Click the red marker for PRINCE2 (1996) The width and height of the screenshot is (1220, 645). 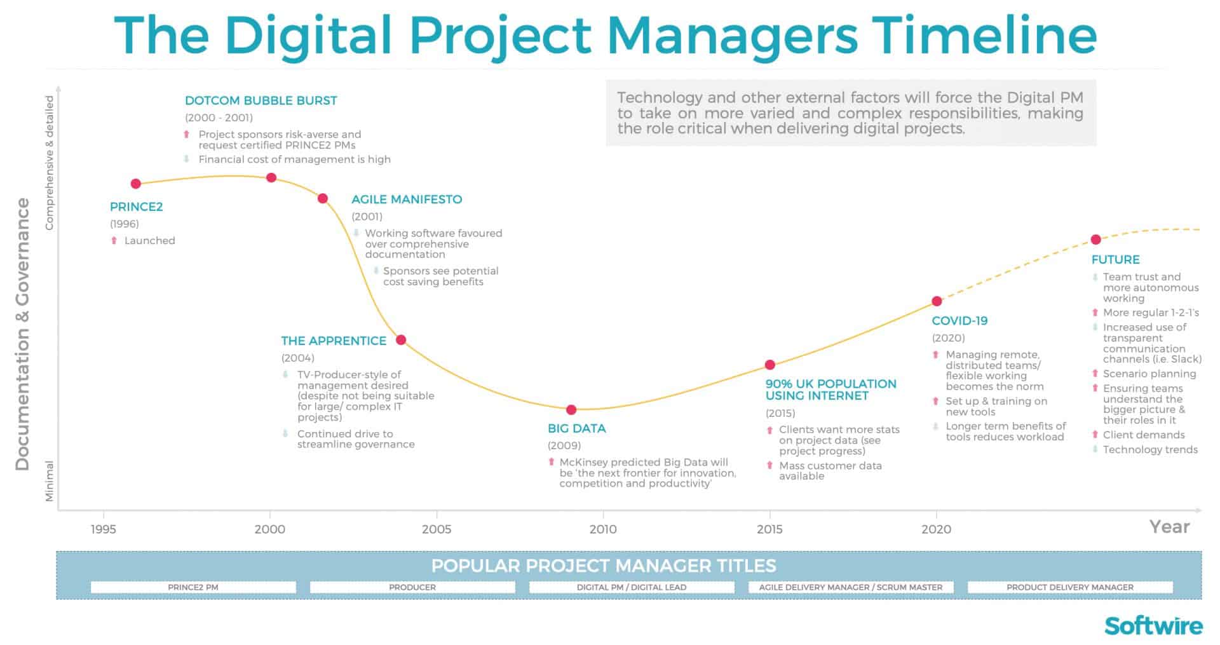135,184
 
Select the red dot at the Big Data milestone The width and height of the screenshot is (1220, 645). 571,410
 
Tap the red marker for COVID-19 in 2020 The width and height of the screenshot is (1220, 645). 937,301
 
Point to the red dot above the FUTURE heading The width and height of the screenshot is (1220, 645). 1095,240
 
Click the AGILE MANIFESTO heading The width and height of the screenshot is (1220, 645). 407,200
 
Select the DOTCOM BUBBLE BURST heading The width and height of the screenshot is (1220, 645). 261,100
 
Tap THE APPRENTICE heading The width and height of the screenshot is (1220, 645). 334,341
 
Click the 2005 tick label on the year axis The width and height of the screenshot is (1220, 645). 437,529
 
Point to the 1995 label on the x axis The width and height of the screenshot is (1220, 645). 104,529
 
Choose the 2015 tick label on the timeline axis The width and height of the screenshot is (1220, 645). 769,529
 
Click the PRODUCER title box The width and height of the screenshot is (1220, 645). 412,587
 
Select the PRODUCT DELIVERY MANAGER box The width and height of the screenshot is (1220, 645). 1069,587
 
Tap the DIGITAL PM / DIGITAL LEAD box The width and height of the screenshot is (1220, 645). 631,587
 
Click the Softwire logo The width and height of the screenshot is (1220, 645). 1153,625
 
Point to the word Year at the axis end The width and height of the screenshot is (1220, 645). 1169,527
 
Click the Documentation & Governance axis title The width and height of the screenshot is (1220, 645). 23,334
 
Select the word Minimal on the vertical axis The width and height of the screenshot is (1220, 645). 50,481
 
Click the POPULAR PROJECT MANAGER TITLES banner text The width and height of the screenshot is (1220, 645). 603,566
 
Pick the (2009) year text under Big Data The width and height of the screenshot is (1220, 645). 564,445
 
